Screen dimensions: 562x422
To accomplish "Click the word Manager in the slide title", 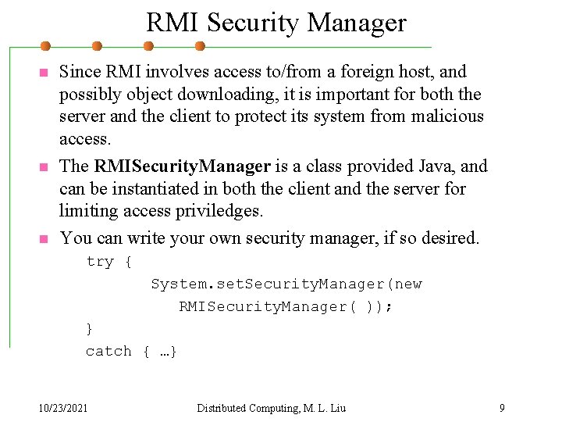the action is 357,23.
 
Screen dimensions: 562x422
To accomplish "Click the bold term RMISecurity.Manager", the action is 182,166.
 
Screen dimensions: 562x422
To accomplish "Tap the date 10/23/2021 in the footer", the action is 63,408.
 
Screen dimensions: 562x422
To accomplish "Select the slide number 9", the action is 503,408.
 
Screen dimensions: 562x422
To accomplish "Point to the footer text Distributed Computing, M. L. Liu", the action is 271,408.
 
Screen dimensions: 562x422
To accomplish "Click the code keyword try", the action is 100,262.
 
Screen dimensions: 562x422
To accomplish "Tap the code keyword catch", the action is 108,352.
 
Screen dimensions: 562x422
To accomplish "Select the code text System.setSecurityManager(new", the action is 286,284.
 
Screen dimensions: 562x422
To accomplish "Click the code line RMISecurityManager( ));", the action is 286,307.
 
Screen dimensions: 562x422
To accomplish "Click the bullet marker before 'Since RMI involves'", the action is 44,73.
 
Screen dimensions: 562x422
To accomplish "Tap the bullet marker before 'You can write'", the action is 44,239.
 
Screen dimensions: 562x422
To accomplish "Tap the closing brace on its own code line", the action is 89,329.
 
